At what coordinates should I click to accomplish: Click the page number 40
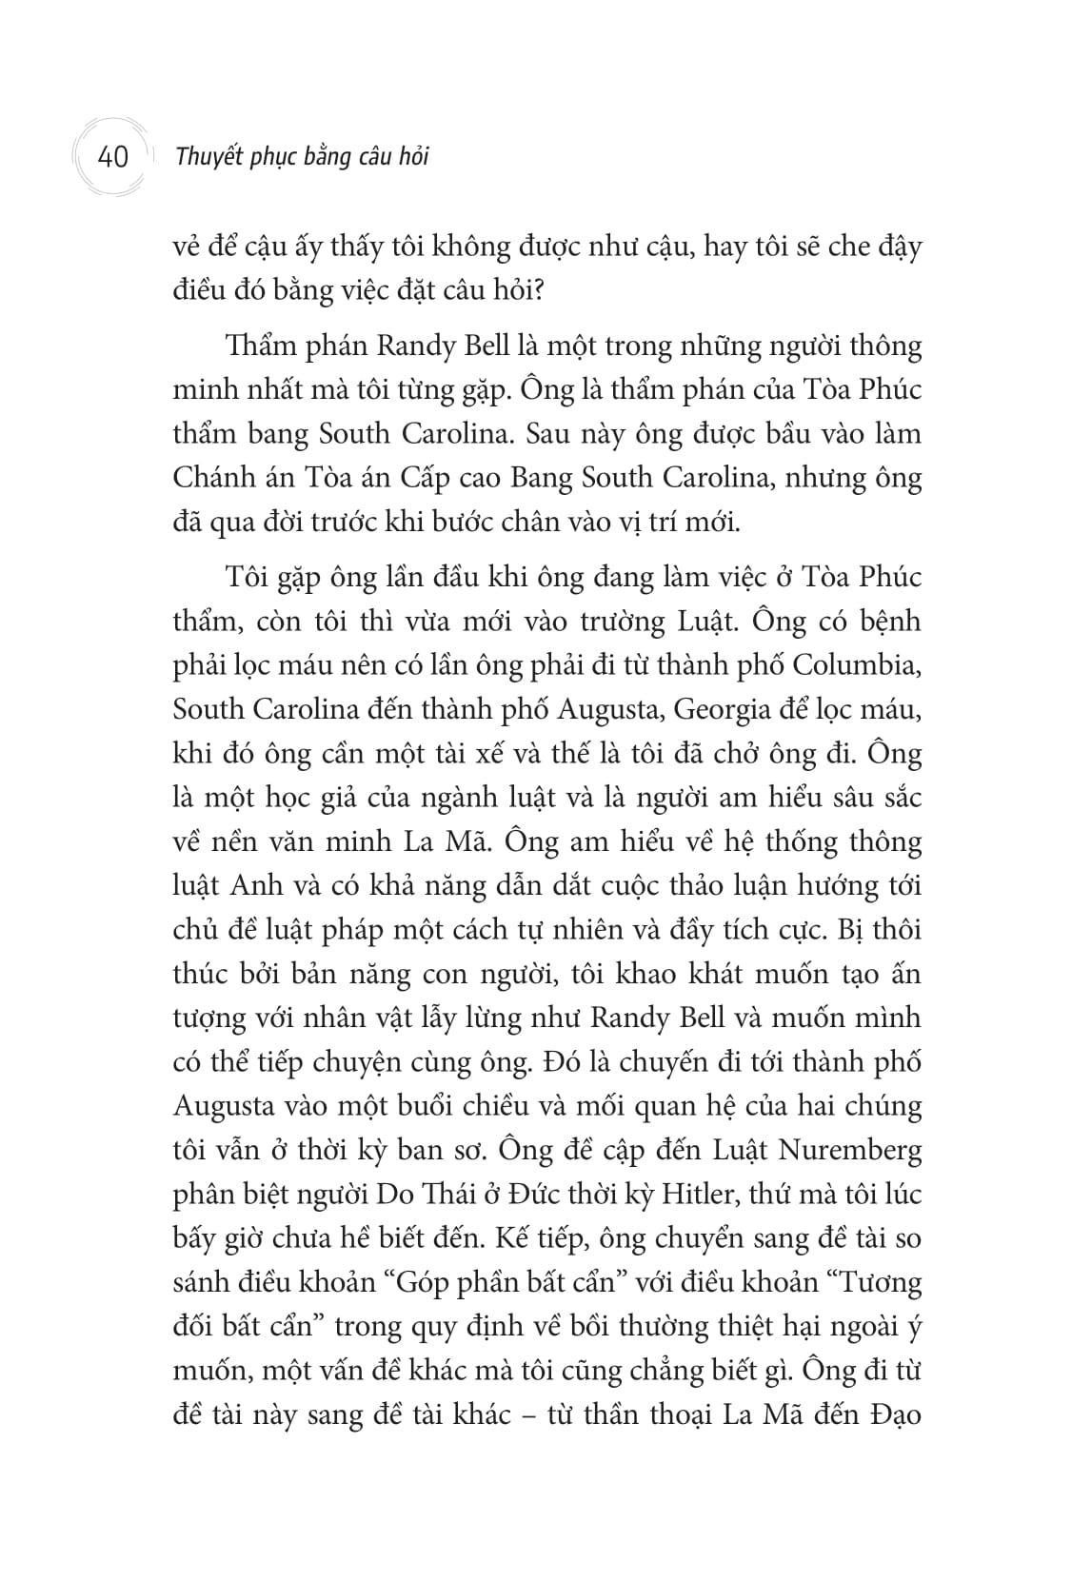coord(112,156)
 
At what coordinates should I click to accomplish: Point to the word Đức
coord(508,1194)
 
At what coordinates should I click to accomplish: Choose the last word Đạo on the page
coord(895,1414)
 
